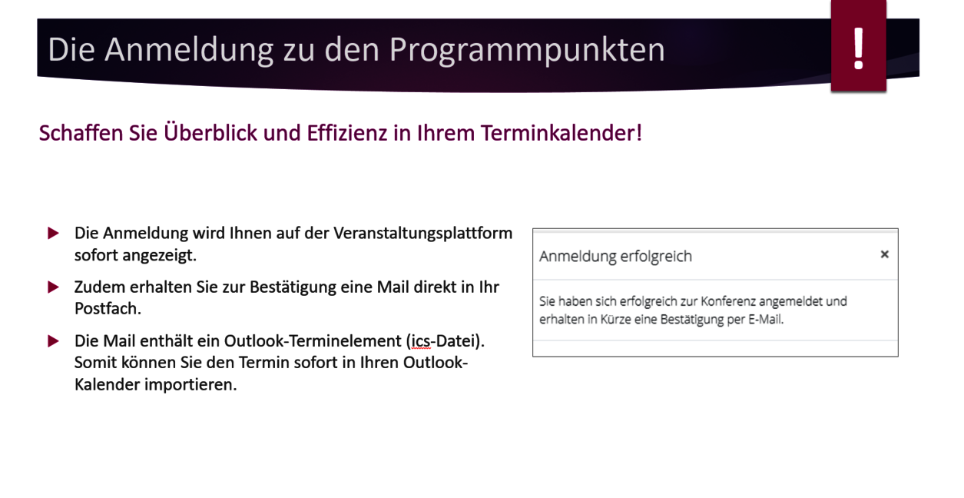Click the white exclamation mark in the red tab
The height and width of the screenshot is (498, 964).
coord(858,49)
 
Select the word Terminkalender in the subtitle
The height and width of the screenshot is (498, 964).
coord(562,133)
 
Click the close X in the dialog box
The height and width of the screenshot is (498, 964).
coord(884,254)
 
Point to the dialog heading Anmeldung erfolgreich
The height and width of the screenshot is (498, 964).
coord(615,256)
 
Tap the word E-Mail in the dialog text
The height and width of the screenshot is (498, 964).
coord(765,320)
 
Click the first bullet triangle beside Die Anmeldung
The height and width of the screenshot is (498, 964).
coord(53,233)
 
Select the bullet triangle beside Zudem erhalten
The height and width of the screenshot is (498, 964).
coord(53,287)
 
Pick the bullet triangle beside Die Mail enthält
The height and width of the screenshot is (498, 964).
coord(53,341)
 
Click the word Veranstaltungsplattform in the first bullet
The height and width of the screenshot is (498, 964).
coord(422,233)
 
